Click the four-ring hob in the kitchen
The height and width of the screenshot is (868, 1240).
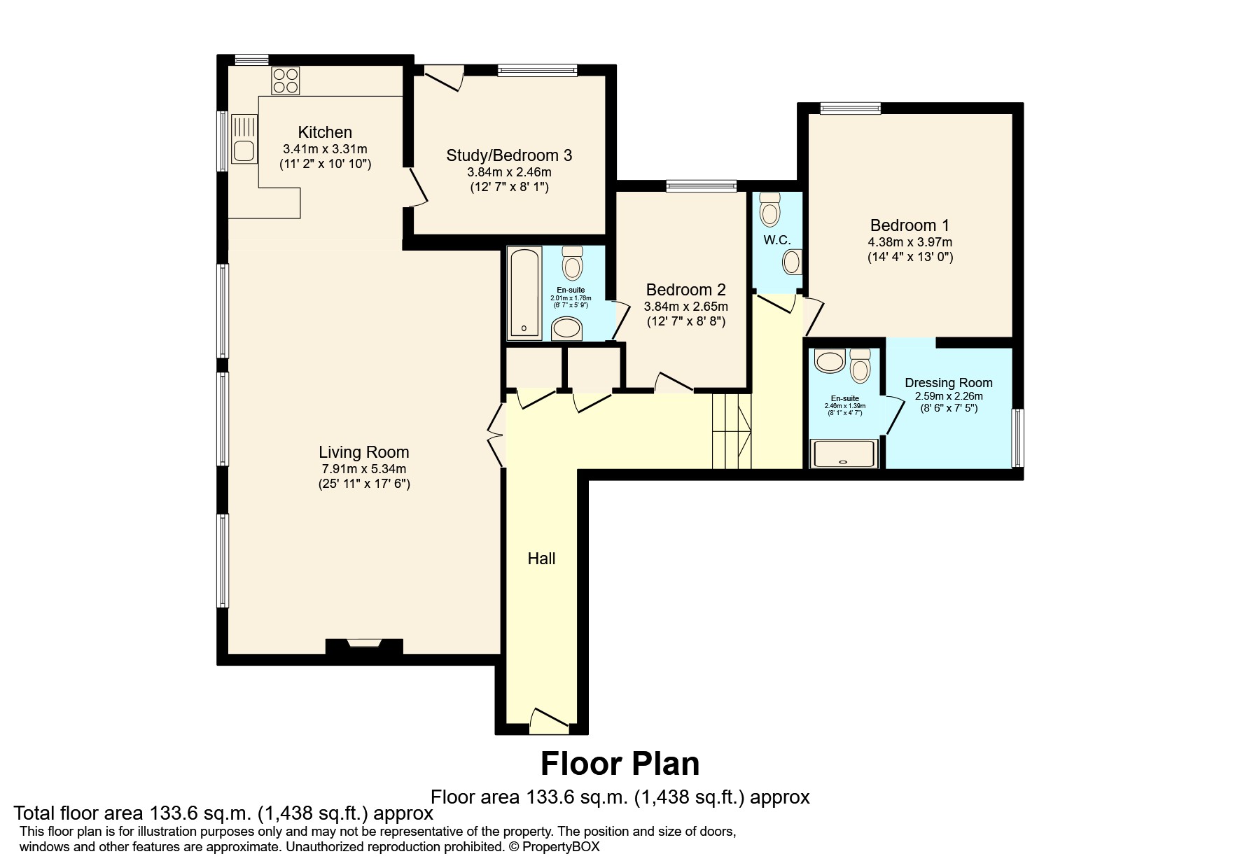(x=285, y=80)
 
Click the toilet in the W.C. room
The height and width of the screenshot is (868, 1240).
(x=769, y=209)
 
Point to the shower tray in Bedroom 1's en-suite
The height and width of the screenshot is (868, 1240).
(x=843, y=453)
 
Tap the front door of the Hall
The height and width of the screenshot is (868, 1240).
(x=549, y=721)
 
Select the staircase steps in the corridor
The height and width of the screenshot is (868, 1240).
(x=732, y=431)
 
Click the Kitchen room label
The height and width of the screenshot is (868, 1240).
(x=325, y=132)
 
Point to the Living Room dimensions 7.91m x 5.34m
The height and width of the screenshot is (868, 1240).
(x=363, y=469)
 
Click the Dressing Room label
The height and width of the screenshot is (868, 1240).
(x=948, y=383)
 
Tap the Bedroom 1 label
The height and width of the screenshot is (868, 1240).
(x=910, y=225)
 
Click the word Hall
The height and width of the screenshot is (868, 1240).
(x=541, y=559)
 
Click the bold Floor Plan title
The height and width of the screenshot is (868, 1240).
(x=620, y=764)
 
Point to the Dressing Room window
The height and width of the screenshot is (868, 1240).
(x=1018, y=437)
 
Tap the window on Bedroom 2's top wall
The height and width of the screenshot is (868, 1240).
(x=701, y=185)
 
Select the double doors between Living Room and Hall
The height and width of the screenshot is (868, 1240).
(x=496, y=434)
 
